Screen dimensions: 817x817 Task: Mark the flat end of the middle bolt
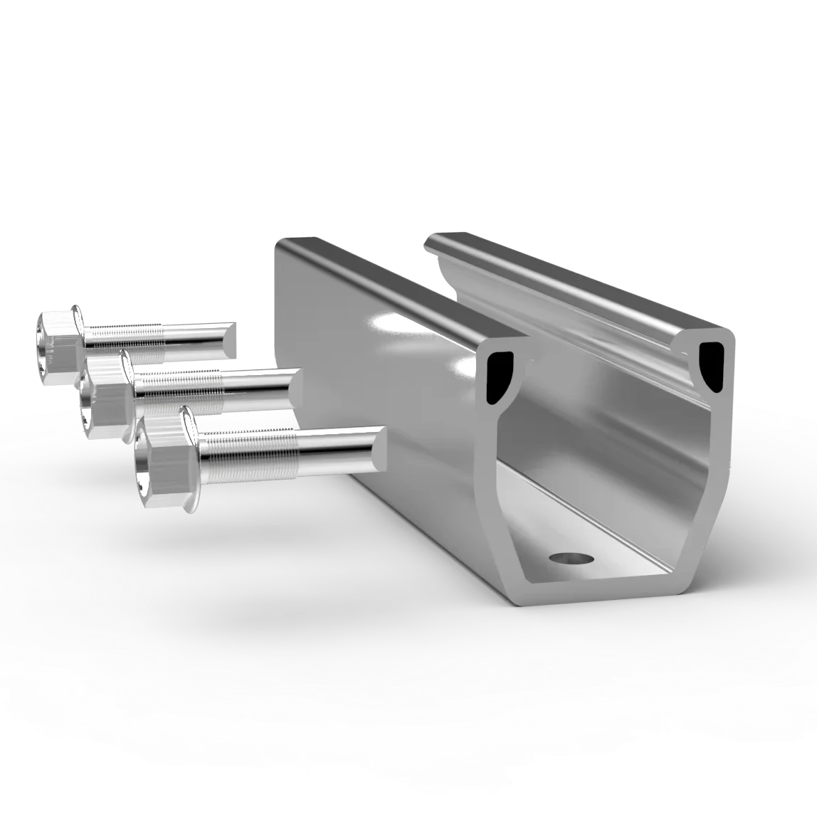tap(295, 388)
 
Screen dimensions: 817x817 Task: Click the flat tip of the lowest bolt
tap(381, 448)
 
